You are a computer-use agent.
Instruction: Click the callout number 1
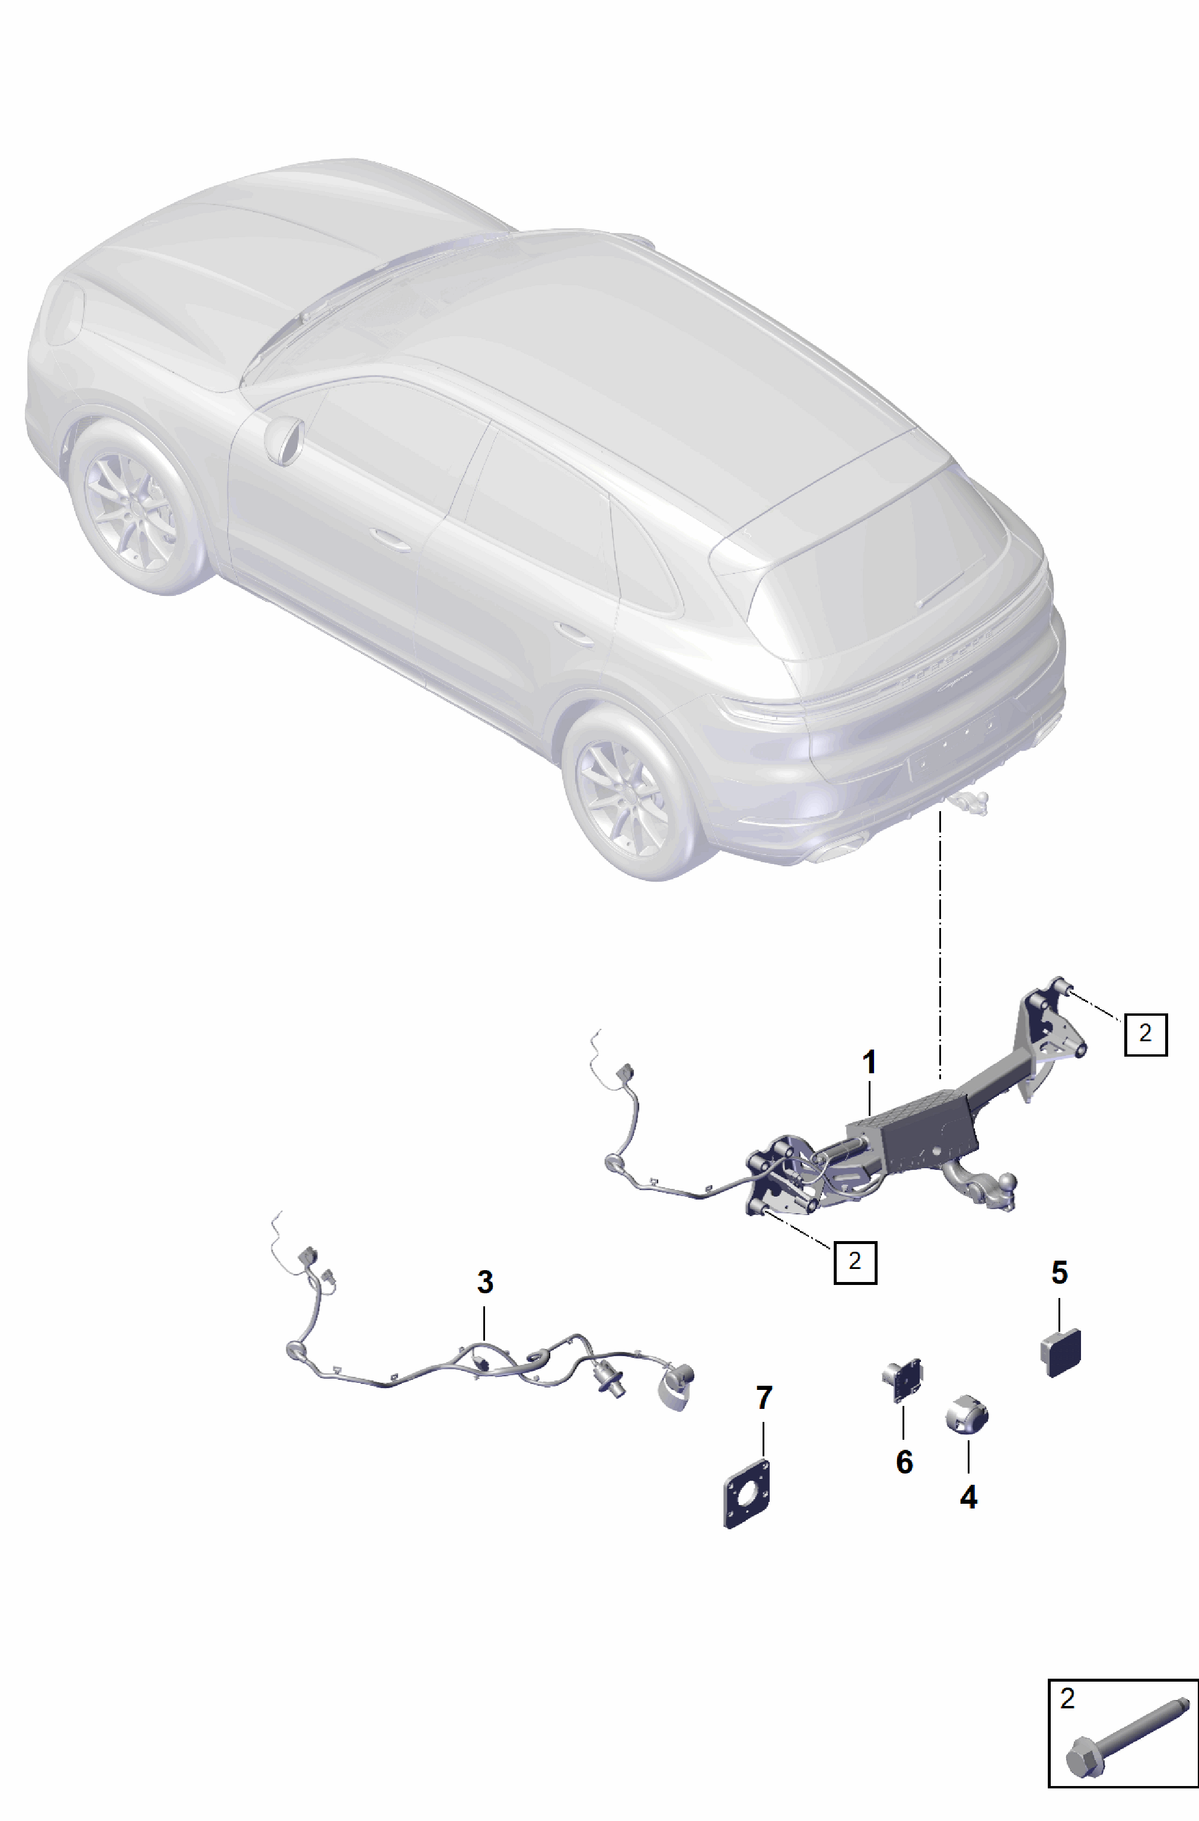coord(869,1062)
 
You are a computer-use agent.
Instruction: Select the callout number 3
coord(485,1281)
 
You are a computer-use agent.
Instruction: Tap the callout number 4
coord(969,1497)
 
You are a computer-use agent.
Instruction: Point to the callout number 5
coord(1059,1273)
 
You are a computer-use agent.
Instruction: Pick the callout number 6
coord(904,1462)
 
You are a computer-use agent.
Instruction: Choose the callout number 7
coord(764,1398)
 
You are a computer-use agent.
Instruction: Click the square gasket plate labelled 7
coord(747,1494)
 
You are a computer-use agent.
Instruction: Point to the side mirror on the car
coord(284,439)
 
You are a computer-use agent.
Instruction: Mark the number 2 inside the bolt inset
coord(1067,1699)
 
